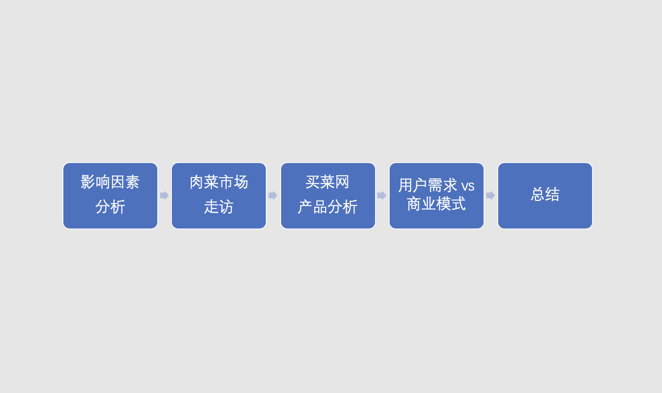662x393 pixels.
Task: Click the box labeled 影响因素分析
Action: [x=110, y=196]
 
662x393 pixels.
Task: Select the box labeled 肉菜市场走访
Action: [x=219, y=196]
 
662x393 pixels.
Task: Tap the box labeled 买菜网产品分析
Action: [x=328, y=196]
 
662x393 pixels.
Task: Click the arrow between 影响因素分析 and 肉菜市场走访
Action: [x=165, y=195]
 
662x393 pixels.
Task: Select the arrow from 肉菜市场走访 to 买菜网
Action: [x=273, y=195]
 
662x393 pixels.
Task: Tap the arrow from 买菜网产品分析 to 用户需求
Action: [x=382, y=195]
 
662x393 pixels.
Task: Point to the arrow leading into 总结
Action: [x=491, y=195]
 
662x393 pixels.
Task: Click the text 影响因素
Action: [x=110, y=182]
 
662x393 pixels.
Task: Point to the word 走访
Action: [x=218, y=207]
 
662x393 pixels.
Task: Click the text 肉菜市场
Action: [x=219, y=182]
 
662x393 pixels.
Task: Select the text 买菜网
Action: [x=327, y=182]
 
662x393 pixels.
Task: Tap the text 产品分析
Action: [x=327, y=207]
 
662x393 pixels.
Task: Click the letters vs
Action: [x=468, y=186]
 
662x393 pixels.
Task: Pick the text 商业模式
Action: [x=436, y=204]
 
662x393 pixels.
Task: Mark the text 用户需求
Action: [x=427, y=185]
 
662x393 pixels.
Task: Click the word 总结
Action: [x=545, y=194]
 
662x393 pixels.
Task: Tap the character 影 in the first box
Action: [x=88, y=182]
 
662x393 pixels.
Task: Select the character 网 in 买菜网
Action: [x=342, y=182]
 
